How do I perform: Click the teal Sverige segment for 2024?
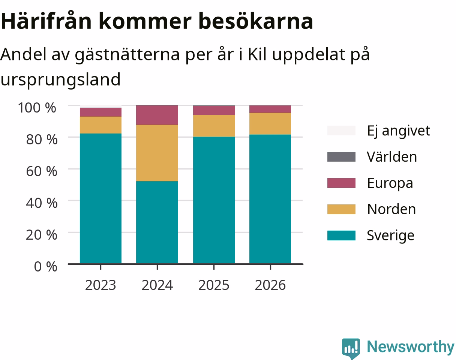point(157,222)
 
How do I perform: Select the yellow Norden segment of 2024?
point(157,153)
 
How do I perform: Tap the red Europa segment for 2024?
point(157,115)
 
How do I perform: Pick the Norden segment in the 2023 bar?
point(100,125)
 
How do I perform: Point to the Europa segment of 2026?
point(270,109)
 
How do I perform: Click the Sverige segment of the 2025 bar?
point(214,200)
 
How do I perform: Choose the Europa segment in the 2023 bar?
point(100,112)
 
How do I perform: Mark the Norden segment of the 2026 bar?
point(270,124)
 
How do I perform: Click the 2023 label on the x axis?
point(100,285)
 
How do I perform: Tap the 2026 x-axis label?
point(270,285)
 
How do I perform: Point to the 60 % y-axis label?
point(42,171)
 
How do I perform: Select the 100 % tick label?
point(37,108)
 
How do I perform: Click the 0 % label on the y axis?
point(45,266)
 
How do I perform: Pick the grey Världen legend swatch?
point(341,157)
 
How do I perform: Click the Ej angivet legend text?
point(399,131)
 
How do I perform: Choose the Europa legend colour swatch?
point(341,183)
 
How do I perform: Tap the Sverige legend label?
point(390,235)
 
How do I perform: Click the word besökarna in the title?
point(255,21)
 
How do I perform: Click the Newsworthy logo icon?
point(351,348)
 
